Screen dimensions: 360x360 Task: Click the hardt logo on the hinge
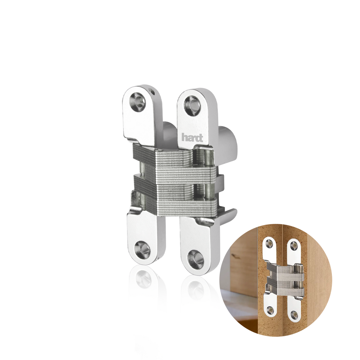[x=192, y=138]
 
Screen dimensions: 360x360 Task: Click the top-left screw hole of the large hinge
[x=138, y=102]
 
